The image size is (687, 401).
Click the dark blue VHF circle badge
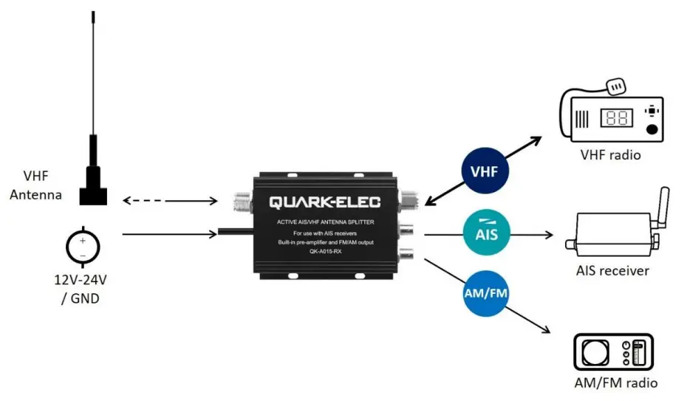tap(484, 172)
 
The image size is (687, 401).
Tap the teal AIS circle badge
tap(484, 235)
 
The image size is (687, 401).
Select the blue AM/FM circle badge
tap(487, 294)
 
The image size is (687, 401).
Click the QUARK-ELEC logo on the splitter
tap(324, 201)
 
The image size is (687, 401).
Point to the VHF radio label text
tap(610, 155)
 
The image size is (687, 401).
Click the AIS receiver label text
tap(612, 270)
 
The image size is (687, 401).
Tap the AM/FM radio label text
tap(615, 383)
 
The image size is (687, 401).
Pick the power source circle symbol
tap(83, 247)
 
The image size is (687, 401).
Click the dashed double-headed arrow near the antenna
tap(169, 200)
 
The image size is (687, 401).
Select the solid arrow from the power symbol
tap(169, 235)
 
